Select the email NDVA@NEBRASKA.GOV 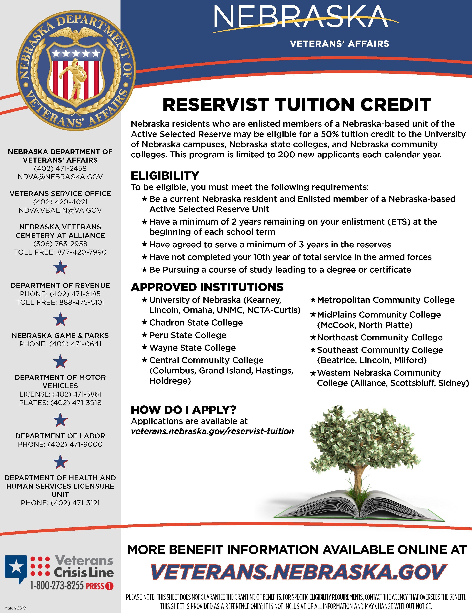tap(60, 177)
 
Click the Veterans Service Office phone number tap(60, 202)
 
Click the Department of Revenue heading tap(60, 285)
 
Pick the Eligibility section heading tap(165, 176)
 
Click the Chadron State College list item tap(196, 323)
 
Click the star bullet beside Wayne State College tap(145, 348)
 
